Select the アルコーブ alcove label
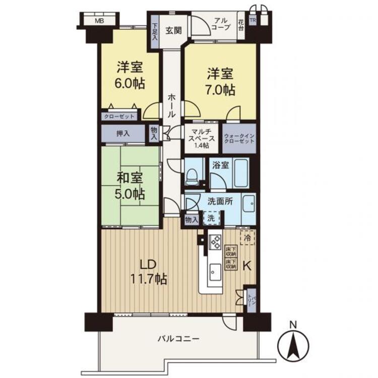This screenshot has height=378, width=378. click(x=220, y=24)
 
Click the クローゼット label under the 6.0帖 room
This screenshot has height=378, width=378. click(x=119, y=116)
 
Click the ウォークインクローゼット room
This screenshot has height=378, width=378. click(x=239, y=139)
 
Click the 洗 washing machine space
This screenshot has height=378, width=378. click(x=211, y=218)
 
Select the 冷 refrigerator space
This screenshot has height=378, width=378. click(x=247, y=236)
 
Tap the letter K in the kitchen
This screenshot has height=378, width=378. click(x=247, y=266)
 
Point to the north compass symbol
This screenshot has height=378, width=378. click(x=293, y=346)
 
